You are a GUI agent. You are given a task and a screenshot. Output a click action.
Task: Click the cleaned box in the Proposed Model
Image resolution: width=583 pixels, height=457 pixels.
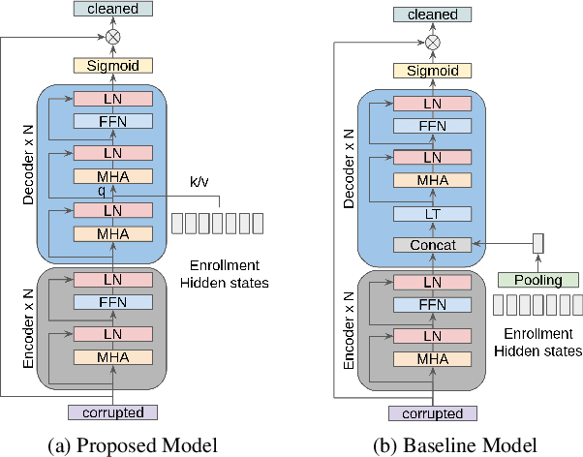(x=113, y=10)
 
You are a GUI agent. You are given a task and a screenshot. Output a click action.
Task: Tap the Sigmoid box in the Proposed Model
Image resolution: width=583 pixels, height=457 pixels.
(x=113, y=67)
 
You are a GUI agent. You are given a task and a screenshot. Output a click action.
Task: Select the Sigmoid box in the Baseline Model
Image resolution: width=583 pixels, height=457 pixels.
(x=433, y=71)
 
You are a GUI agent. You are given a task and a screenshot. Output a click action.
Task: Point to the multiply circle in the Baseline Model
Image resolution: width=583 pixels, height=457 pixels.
(x=433, y=43)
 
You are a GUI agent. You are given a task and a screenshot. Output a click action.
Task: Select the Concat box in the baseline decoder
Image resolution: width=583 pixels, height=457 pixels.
(x=433, y=245)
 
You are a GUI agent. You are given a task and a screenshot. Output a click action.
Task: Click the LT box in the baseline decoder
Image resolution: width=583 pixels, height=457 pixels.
(x=433, y=214)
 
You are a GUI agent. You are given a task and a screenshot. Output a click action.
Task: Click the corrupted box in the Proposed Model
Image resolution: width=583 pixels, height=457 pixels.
(x=113, y=412)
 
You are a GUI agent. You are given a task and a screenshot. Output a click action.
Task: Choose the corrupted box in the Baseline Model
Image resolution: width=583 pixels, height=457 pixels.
(x=433, y=413)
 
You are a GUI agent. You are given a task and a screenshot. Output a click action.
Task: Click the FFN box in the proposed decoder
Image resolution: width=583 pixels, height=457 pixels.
(x=113, y=121)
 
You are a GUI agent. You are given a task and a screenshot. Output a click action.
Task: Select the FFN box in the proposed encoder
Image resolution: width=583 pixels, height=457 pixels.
(x=113, y=302)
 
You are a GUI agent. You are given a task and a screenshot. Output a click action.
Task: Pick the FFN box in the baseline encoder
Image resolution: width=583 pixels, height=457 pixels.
(x=433, y=305)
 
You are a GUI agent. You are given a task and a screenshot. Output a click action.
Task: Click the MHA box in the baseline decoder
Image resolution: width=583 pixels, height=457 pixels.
(x=433, y=180)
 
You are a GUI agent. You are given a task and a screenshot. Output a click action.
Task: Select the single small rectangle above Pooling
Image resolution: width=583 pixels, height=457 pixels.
(x=538, y=245)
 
